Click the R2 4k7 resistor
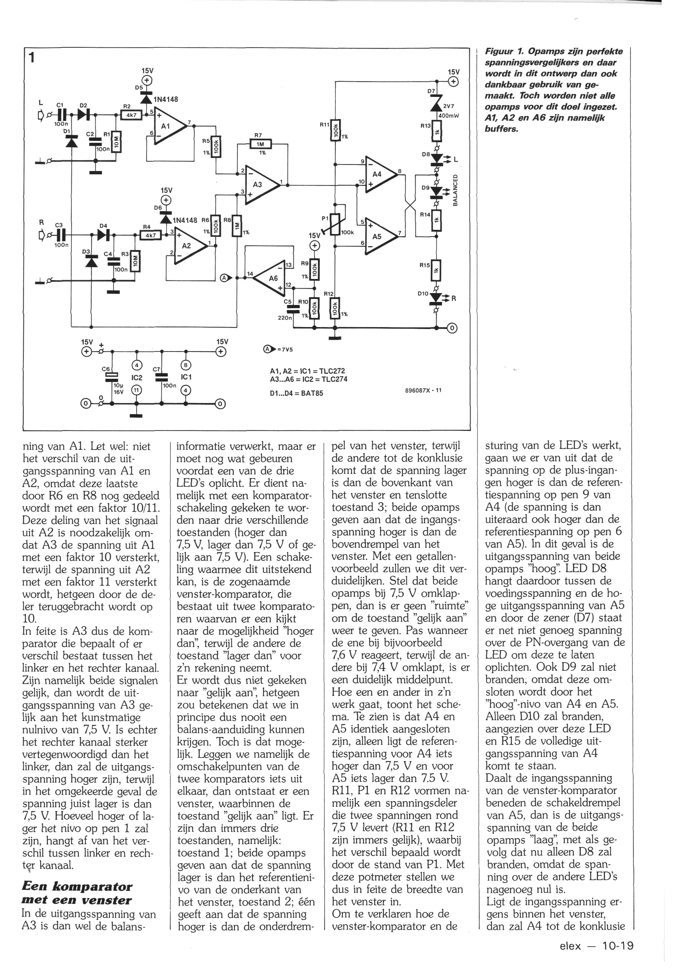131,115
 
